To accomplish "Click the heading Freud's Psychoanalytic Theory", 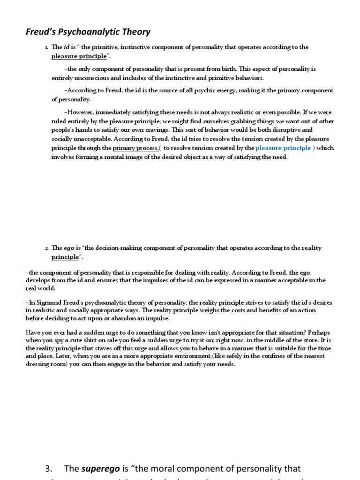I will (x=88, y=32).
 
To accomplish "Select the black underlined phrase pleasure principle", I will (x=79, y=57).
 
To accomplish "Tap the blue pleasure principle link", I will (x=283, y=148).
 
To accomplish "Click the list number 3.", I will (x=48, y=469).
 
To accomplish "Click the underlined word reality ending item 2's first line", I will (x=312, y=248).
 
